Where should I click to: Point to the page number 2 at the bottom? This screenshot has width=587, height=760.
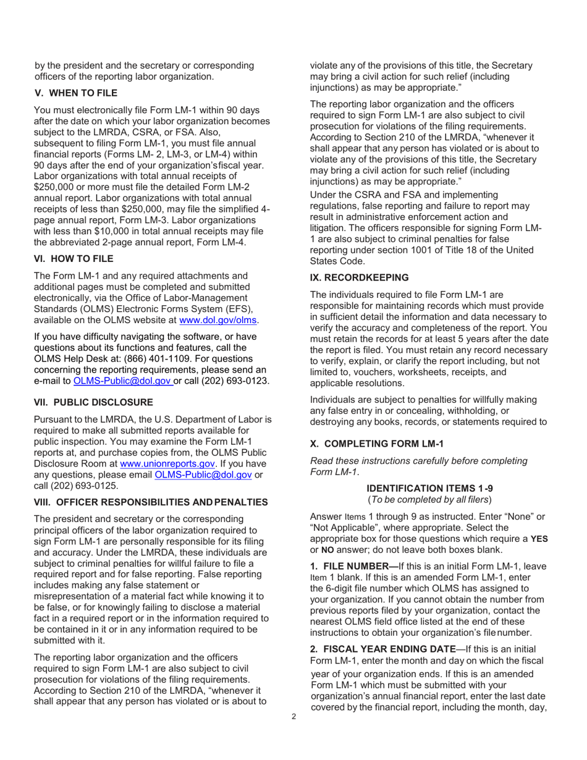click(x=294, y=717)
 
